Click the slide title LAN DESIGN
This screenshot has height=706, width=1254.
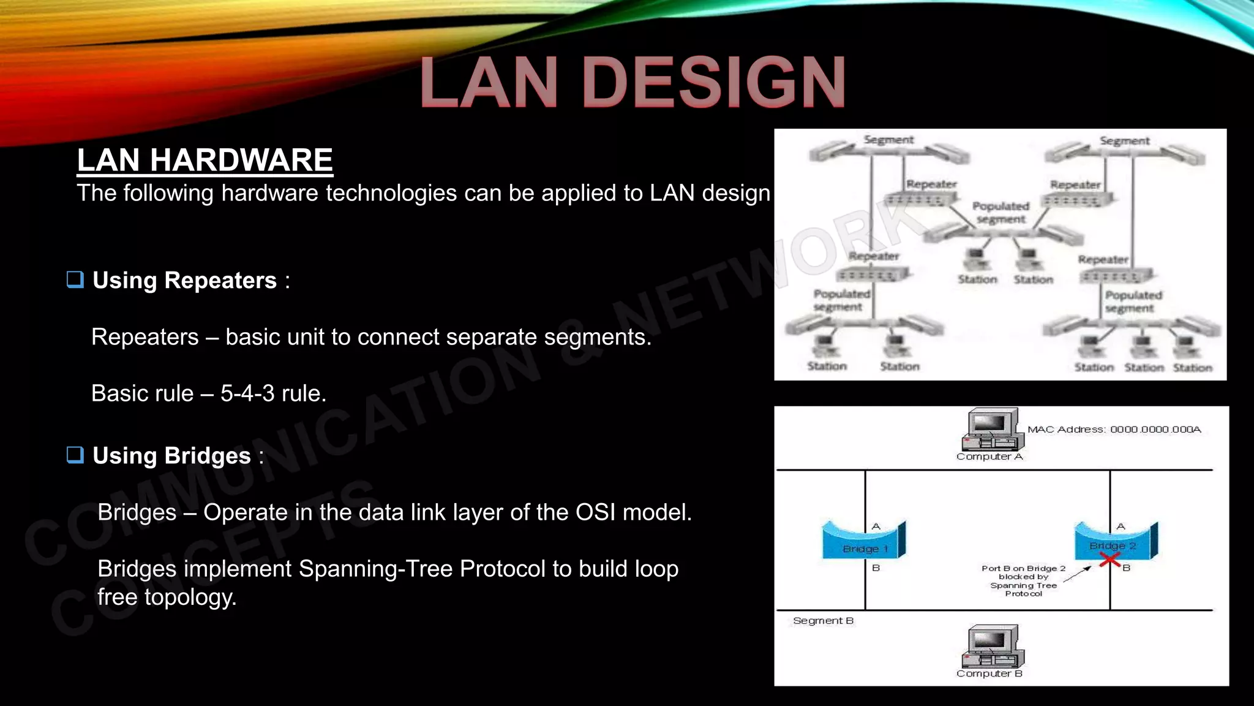click(x=633, y=83)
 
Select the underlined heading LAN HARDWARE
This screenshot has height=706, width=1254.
click(x=205, y=160)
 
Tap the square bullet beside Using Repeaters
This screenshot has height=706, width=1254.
click(x=75, y=279)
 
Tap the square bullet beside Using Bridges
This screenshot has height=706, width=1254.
click(x=75, y=455)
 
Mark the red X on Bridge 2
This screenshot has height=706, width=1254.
click(x=1109, y=560)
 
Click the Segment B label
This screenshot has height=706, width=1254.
click(x=823, y=621)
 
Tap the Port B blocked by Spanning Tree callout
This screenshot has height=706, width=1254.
click(x=1023, y=580)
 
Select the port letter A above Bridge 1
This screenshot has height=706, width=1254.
click(x=876, y=526)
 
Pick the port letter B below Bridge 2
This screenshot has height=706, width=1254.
click(x=1126, y=568)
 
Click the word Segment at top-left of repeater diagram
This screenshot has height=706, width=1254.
click(x=888, y=140)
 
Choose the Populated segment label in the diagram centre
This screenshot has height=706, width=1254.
click(x=1001, y=213)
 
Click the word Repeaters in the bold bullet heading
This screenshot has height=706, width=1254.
click(x=220, y=281)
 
